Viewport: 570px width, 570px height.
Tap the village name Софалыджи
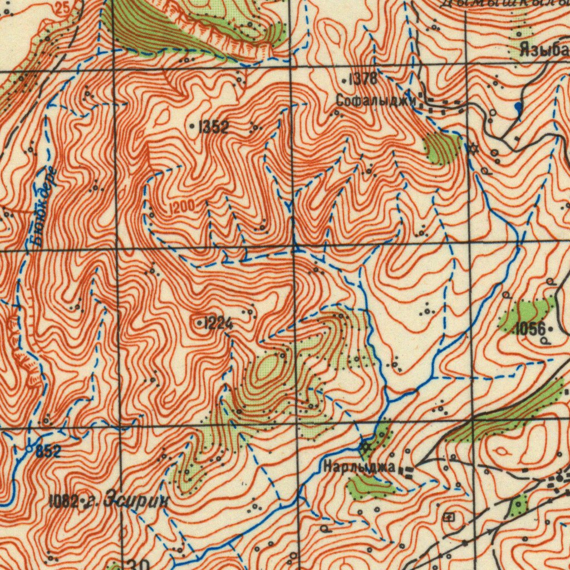click(x=376, y=101)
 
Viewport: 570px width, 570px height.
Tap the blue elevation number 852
click(x=48, y=452)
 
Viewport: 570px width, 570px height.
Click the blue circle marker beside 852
click(x=29, y=448)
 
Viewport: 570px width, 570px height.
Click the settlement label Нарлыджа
click(x=359, y=466)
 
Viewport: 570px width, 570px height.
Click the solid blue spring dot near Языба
click(x=518, y=106)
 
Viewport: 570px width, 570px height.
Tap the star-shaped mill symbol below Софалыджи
click(x=474, y=148)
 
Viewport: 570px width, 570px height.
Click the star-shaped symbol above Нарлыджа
click(x=365, y=446)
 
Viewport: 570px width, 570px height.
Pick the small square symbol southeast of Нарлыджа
click(x=449, y=518)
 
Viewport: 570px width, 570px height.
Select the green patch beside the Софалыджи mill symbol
click(x=443, y=148)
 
